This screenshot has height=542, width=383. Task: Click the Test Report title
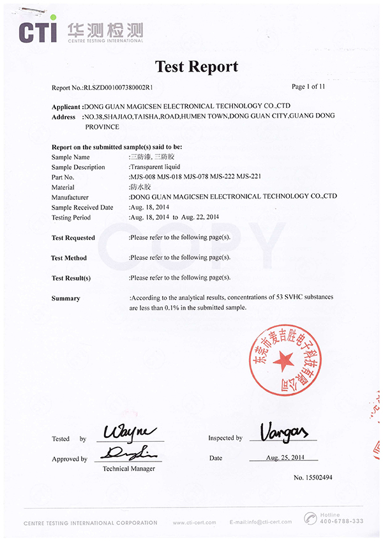pos(197,66)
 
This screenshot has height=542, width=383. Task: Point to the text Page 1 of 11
pos(308,86)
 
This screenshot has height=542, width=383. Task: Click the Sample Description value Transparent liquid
pos(154,167)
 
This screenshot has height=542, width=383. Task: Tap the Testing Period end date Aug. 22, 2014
pos(199,217)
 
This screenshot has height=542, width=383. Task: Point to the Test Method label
pos(69,258)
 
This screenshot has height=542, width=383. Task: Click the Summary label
pos(66,298)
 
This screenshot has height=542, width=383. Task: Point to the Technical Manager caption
pos(129,469)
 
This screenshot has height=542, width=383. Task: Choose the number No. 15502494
pos(313,478)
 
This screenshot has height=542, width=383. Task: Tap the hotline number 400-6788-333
pos(342,521)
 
